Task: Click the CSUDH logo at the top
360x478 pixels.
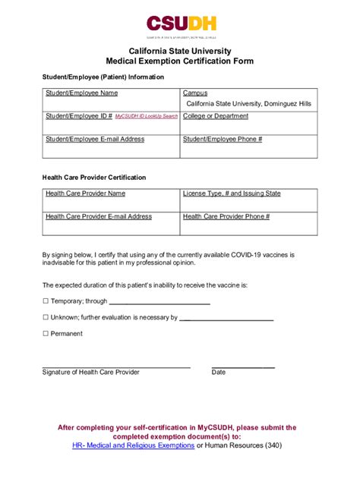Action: coord(180,24)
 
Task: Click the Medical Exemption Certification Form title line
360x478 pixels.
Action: coord(180,61)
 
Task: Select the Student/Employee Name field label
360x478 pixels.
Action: coord(81,93)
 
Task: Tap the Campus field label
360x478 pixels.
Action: coord(194,93)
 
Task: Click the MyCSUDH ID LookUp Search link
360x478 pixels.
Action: coord(147,117)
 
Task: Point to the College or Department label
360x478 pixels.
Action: coord(216,116)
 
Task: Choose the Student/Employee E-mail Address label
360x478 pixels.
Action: coord(95,140)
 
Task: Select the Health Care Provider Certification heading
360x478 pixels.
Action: coord(94,178)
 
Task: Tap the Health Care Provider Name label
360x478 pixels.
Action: coord(85,193)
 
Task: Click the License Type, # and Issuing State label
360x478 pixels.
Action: coord(232,193)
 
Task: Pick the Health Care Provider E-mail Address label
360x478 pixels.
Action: coord(99,216)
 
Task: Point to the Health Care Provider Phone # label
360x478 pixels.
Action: coord(226,216)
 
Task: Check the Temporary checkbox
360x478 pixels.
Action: coord(45,301)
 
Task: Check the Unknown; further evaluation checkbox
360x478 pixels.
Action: coord(45,318)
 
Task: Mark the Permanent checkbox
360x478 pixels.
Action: coord(45,334)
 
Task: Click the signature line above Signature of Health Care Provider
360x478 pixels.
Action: coord(115,367)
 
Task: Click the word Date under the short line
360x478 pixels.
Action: coord(219,373)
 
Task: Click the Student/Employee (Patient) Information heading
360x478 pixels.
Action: coord(103,77)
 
